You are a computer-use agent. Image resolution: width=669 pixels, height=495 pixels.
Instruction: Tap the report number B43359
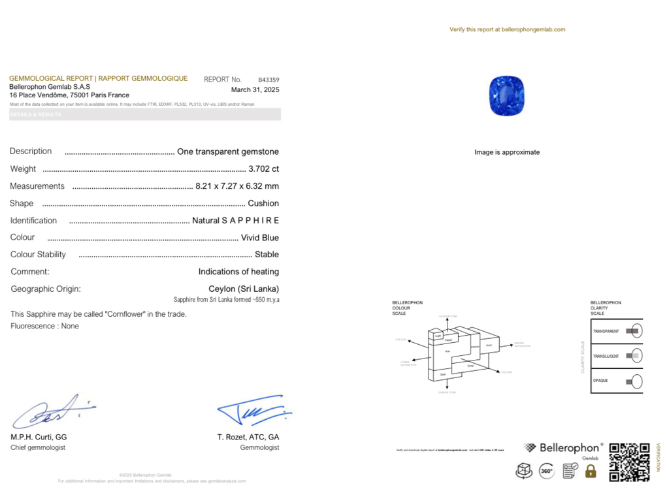click(x=269, y=80)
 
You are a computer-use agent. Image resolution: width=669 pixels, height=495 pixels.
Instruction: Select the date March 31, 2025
click(x=255, y=90)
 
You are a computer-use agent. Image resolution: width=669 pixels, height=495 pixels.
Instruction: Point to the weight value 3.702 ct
click(x=269, y=168)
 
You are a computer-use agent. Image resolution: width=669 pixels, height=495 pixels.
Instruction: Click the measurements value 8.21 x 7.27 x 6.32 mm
click(x=237, y=186)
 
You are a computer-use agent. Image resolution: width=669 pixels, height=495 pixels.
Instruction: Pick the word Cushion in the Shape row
click(x=263, y=203)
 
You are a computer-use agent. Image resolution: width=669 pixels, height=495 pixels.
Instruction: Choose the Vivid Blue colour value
click(x=260, y=238)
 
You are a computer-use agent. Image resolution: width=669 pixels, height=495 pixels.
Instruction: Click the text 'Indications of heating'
click(x=238, y=272)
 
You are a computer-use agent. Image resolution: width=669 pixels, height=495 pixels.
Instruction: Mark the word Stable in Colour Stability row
click(x=267, y=255)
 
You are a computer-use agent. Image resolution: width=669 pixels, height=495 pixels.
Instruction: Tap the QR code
click(x=629, y=462)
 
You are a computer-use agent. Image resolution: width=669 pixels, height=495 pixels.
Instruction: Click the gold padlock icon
click(x=591, y=471)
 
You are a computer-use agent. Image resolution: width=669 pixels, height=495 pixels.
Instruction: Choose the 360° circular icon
click(x=547, y=471)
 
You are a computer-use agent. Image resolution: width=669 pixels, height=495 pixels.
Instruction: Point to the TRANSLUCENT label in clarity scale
click(x=606, y=356)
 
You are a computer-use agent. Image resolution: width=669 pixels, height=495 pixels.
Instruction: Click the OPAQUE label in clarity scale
click(x=600, y=381)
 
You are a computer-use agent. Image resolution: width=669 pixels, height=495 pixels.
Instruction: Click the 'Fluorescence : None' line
click(x=44, y=326)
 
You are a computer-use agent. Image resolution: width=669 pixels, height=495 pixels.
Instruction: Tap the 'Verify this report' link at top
click(x=507, y=29)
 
